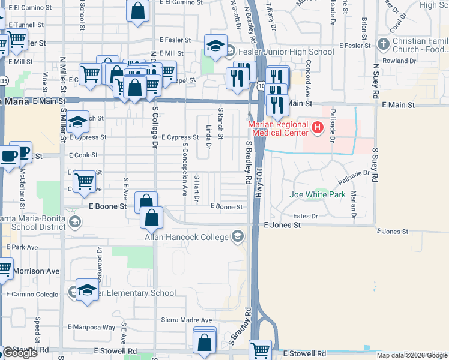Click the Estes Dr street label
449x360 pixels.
point(305,215)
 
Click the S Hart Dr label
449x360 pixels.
point(196,187)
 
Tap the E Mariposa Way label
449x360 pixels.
point(91,327)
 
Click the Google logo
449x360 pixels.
point(20,353)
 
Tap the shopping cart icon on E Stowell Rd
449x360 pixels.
point(261,350)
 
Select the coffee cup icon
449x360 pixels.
point(10,157)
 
